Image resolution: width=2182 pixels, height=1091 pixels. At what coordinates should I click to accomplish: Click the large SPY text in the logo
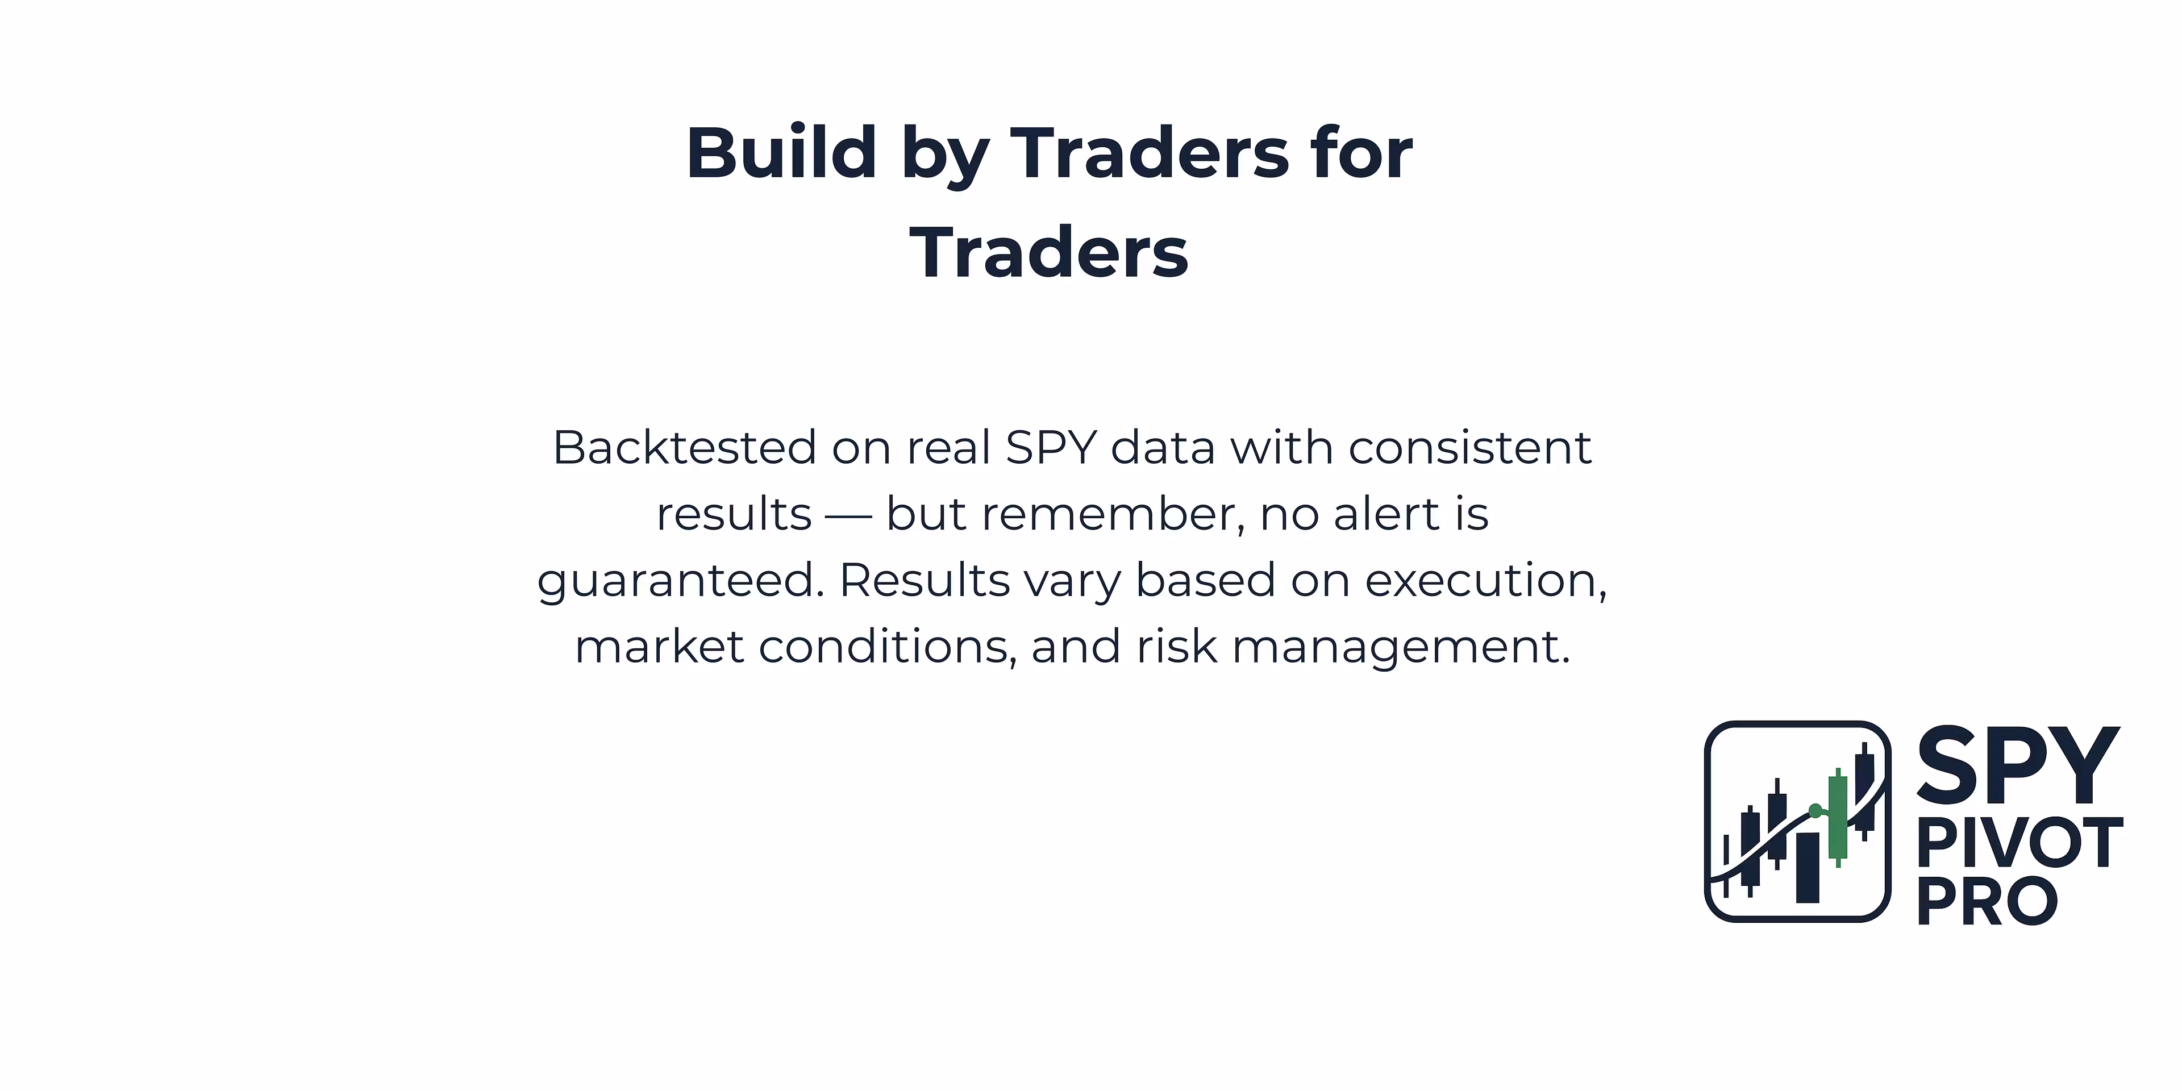tap(2017, 766)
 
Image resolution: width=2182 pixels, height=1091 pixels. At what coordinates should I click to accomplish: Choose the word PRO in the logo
tap(1987, 901)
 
